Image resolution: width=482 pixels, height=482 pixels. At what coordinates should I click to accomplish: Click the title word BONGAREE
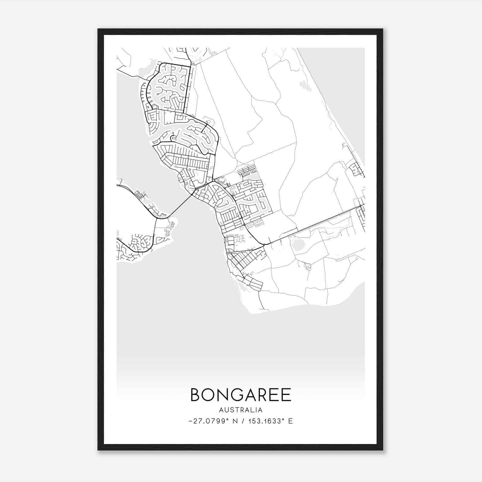point(241,395)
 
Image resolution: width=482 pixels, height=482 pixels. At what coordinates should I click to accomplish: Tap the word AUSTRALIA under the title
point(241,410)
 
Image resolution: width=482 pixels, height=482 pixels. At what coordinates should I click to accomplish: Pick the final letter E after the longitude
point(290,421)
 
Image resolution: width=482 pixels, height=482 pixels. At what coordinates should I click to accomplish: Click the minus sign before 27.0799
point(190,421)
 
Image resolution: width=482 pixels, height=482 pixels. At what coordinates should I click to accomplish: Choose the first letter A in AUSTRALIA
point(221,410)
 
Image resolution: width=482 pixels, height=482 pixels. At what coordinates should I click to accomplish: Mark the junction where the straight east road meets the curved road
point(264,244)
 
